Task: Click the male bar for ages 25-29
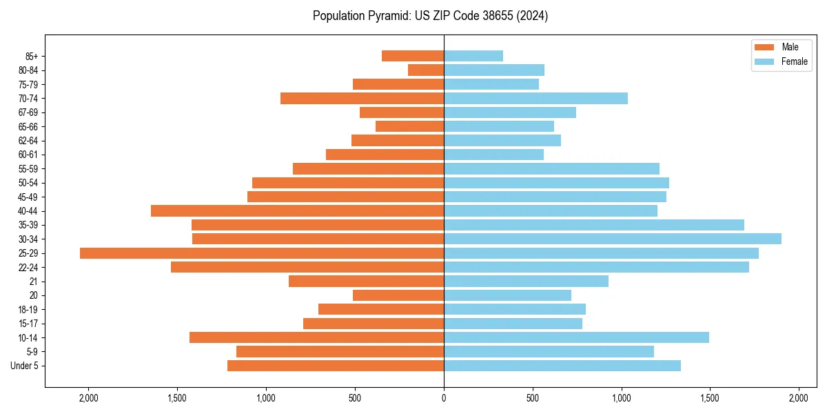[x=262, y=253]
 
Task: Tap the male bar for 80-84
[x=426, y=70]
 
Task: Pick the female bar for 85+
[x=473, y=56]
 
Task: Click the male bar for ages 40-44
[x=297, y=211]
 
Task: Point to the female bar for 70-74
[x=535, y=99]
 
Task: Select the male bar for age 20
[x=398, y=295]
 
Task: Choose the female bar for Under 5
[x=562, y=366]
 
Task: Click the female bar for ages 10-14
[x=576, y=337]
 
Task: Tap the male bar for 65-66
[x=409, y=126]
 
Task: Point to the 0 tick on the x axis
[x=444, y=399]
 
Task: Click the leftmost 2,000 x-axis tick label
[x=89, y=399]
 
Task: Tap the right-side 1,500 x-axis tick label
[x=710, y=399]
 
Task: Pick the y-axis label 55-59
[x=28, y=169]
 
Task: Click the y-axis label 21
[x=34, y=282]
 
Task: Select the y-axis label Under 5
[x=25, y=366]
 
